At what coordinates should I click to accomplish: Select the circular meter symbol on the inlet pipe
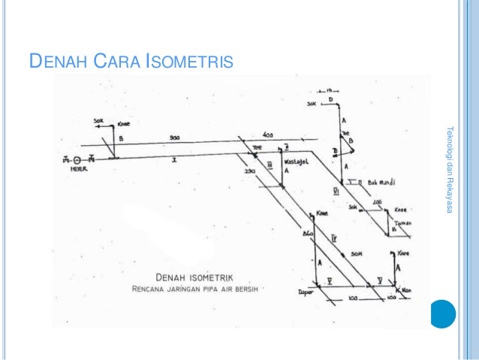(x=77, y=159)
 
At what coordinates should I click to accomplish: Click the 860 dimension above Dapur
(x=307, y=236)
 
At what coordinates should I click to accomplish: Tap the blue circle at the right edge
(x=444, y=313)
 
